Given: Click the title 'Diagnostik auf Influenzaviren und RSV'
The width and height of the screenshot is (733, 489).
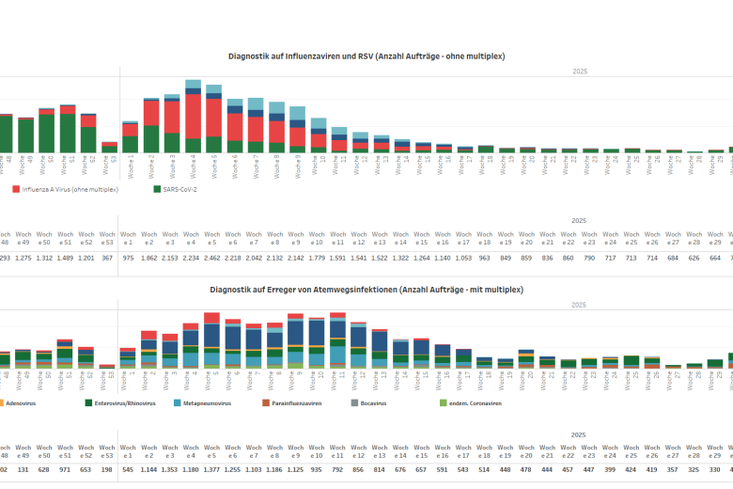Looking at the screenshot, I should click(x=366, y=56).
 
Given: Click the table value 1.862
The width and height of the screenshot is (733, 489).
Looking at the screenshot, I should click(x=149, y=258).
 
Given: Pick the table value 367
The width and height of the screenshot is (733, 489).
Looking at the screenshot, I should click(x=108, y=258).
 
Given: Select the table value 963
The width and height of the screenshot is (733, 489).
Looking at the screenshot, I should click(x=485, y=258).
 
